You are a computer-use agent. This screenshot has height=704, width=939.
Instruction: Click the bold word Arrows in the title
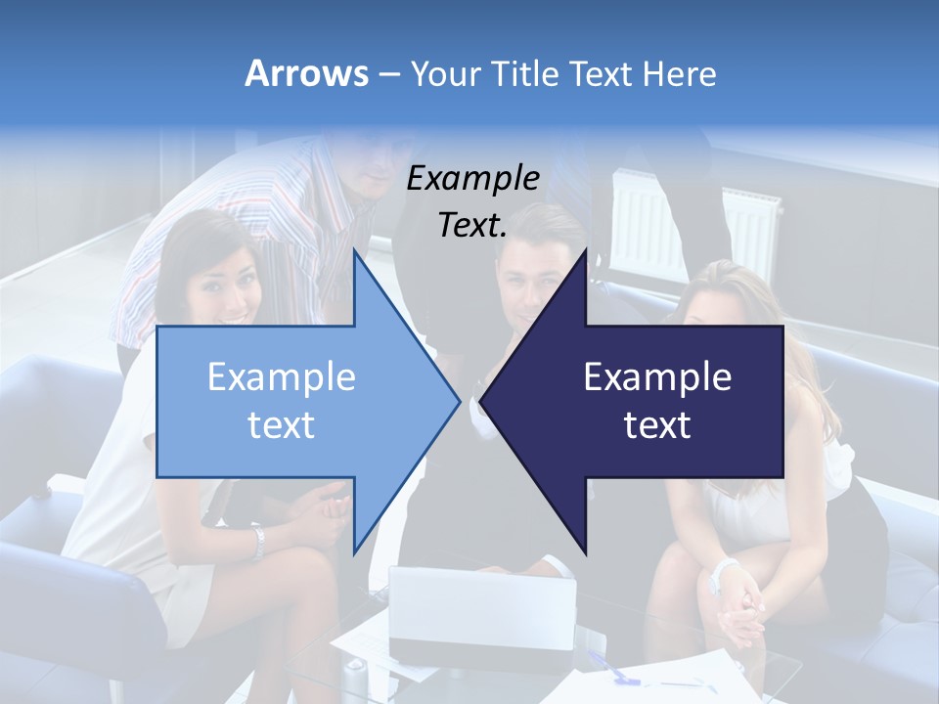[306, 73]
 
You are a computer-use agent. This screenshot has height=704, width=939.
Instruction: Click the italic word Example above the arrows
[472, 179]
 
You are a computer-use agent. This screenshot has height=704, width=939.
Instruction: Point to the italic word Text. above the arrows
[472, 226]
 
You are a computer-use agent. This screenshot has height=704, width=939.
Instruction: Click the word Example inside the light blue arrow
[282, 377]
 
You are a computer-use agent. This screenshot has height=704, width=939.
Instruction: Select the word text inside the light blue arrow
[282, 425]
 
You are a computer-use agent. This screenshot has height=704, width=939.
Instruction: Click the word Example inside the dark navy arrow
[657, 377]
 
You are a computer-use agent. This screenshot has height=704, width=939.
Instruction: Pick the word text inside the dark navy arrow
[657, 425]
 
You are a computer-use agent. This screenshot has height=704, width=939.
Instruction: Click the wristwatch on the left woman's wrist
[257, 543]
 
